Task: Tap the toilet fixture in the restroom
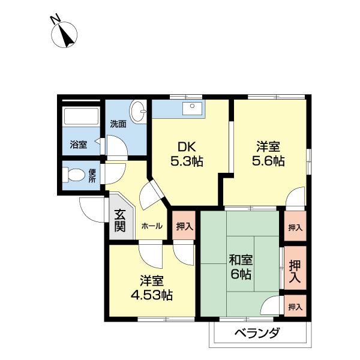(76, 176)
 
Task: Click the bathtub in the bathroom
(81, 118)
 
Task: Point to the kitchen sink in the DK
(193, 109)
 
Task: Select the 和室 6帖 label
(241, 267)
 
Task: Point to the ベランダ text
(257, 334)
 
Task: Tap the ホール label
(151, 226)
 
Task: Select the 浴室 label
(79, 145)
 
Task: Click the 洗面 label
(118, 124)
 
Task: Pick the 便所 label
(92, 176)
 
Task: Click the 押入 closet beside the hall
(184, 226)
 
